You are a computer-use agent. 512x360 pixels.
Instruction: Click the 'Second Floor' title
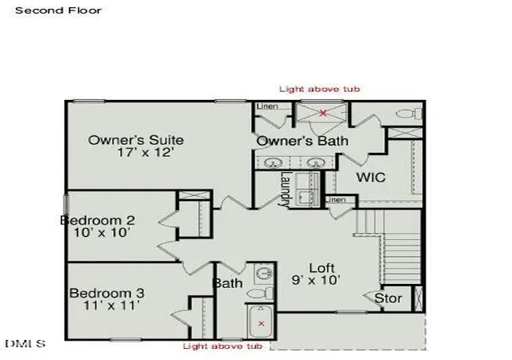[58, 10]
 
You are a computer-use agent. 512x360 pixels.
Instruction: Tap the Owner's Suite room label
[136, 140]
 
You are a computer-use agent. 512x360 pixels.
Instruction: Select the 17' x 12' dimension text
[145, 153]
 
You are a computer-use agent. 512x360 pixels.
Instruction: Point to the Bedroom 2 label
[98, 220]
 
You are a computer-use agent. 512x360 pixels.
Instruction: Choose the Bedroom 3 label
[106, 293]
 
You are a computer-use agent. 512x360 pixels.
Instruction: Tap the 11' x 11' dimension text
[112, 306]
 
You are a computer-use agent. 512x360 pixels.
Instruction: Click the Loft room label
[322, 268]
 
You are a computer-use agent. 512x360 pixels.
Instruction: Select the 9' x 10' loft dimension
[316, 280]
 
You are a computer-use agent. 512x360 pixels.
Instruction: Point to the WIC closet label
[371, 178]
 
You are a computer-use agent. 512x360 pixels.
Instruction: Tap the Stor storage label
[388, 298]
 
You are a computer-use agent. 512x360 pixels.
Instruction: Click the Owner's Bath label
[302, 141]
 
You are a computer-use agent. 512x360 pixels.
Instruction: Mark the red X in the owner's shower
[323, 114]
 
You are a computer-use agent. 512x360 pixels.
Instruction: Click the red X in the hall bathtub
[262, 323]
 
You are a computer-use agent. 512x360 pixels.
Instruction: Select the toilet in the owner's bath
[409, 114]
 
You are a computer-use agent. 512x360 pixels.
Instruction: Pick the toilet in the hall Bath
[260, 293]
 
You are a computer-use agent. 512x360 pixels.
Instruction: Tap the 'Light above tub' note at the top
[320, 89]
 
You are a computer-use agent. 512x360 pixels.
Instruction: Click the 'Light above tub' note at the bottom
[222, 346]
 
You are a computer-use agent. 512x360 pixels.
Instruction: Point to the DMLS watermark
[25, 344]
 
